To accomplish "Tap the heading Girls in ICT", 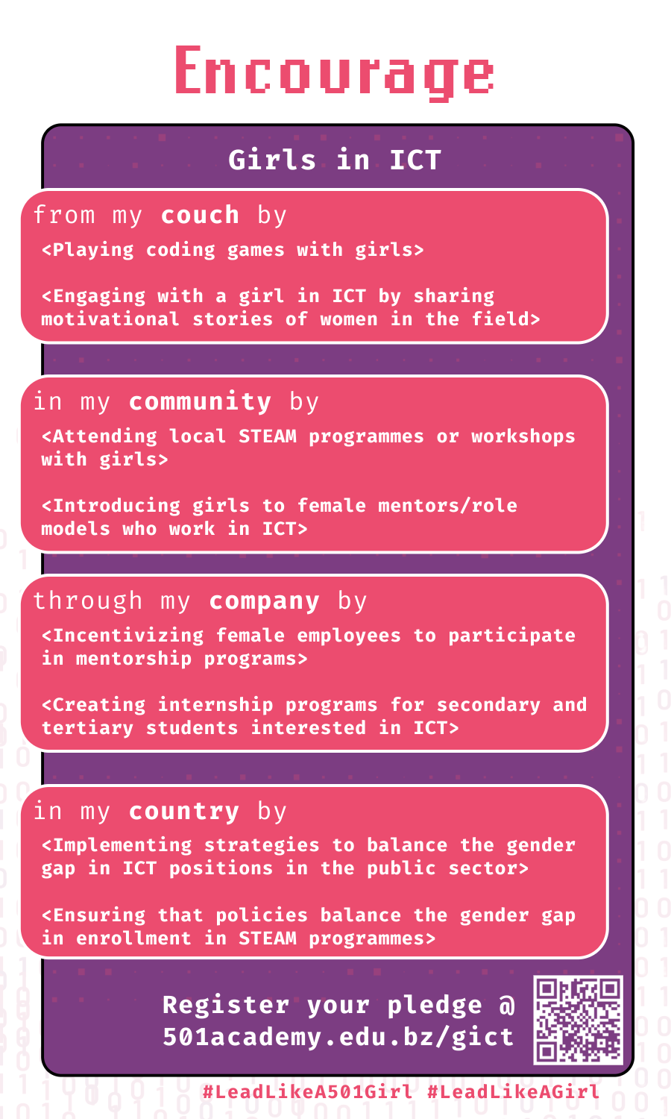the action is click(x=335, y=160).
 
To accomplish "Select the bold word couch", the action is click(x=200, y=216).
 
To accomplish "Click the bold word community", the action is click(x=200, y=401).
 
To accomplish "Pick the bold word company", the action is click(x=264, y=601).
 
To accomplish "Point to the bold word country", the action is click(x=183, y=812).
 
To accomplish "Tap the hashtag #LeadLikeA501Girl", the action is click(x=307, y=1091).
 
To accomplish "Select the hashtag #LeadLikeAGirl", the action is click(x=513, y=1091).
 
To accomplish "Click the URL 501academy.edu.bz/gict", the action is click(x=338, y=1037).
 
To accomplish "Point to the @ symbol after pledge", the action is click(x=506, y=1005).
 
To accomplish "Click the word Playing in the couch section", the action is click(x=93, y=250).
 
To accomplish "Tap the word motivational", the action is click(x=110, y=319).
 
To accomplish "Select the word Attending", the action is click(x=104, y=436).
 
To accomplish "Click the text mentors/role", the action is click(x=447, y=506).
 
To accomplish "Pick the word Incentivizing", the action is click(x=127, y=636).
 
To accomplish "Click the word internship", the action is click(x=215, y=705).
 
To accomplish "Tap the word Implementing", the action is click(x=122, y=845).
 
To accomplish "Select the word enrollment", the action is click(x=133, y=938).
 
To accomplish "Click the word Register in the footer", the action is click(x=226, y=1005).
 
